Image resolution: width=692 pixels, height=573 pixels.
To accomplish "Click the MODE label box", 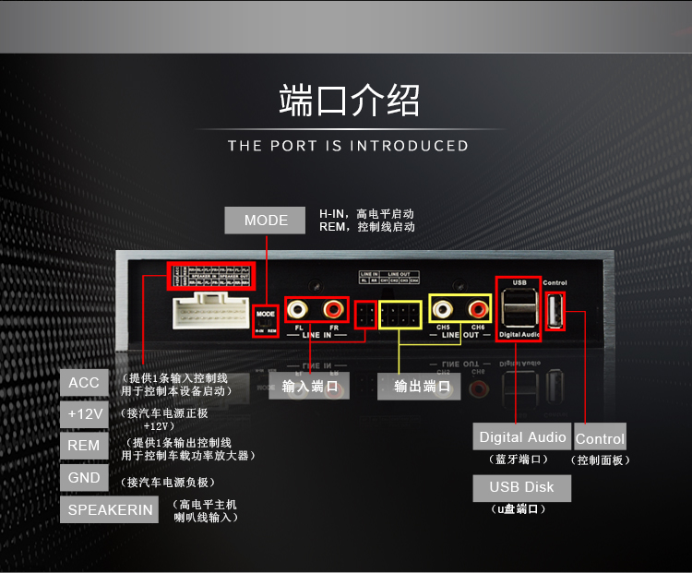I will point(266,221).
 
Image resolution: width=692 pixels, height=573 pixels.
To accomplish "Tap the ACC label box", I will point(84,383).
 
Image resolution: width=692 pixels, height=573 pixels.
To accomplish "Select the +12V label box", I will point(85,414).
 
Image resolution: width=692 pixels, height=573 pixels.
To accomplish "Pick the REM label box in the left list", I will point(84,446).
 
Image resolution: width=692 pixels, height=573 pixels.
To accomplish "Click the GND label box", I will point(84,478).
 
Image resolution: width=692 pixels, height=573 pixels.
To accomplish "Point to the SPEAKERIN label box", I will point(110,510).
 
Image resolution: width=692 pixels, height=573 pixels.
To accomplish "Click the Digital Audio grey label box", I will point(522,437).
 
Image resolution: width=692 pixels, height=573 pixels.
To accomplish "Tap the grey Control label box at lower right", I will point(600,439).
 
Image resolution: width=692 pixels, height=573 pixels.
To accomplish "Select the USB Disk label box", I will point(521,487).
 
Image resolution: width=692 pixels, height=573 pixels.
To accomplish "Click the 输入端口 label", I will point(309,387).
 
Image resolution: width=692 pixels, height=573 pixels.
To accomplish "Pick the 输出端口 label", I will point(421,387).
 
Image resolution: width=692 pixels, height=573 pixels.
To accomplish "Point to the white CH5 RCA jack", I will point(446,308).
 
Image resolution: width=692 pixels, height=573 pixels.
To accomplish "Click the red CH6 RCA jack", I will point(478,308).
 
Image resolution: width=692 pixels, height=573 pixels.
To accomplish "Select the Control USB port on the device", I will point(555,311).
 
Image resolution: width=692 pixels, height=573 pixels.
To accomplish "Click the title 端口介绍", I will point(349,101).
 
